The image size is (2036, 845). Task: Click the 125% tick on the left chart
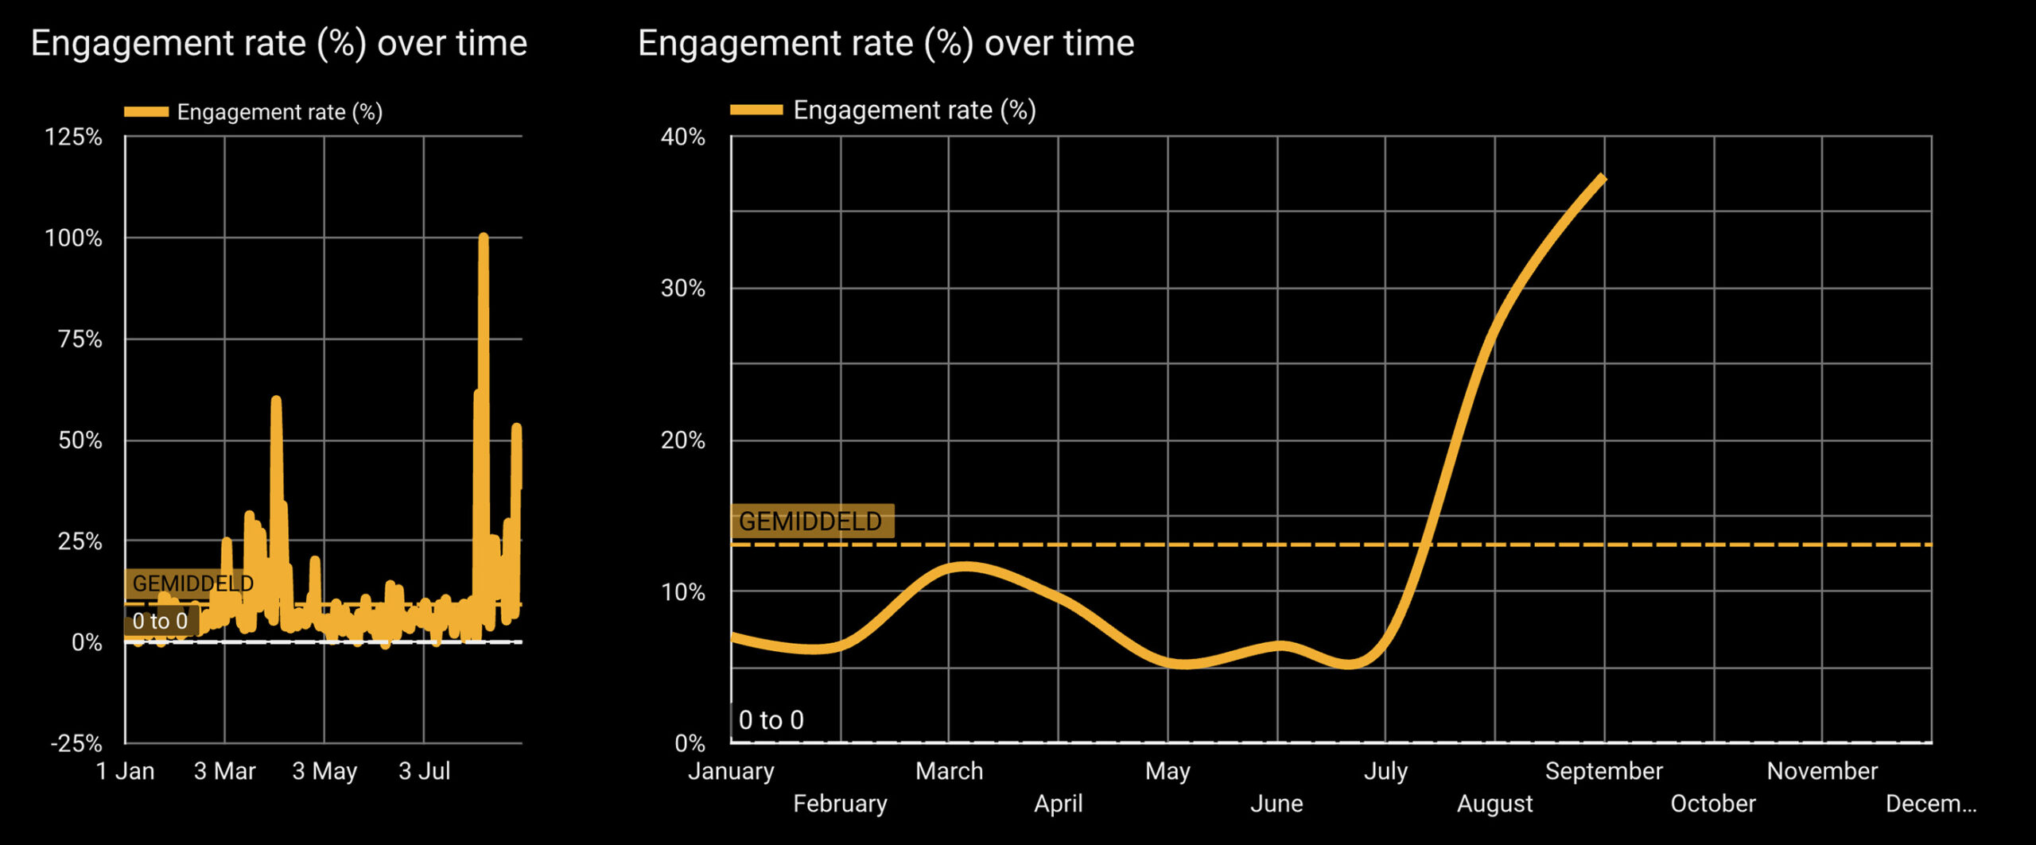pyautogui.click(x=73, y=137)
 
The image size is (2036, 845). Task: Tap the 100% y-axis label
pyautogui.click(x=73, y=238)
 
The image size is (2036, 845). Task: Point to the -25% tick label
pyautogui.click(x=76, y=743)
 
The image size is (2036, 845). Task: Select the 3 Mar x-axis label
pyautogui.click(x=224, y=771)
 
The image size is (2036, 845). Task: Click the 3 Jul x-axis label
pyautogui.click(x=424, y=771)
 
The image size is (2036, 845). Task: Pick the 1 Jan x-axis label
pyautogui.click(x=125, y=771)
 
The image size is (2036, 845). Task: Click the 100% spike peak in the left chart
pyautogui.click(x=483, y=237)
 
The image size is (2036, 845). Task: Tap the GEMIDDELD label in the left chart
pyautogui.click(x=192, y=583)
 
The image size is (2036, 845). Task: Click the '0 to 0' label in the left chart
pyautogui.click(x=160, y=621)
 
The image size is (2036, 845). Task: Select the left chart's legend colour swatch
pyautogui.click(x=146, y=112)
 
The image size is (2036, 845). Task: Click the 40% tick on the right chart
pyautogui.click(x=682, y=137)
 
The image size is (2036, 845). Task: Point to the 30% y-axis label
pyautogui.click(x=682, y=288)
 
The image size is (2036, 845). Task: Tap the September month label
pyautogui.click(x=1603, y=771)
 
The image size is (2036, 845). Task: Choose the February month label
pyautogui.click(x=840, y=804)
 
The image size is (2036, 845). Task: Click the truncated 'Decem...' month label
pyautogui.click(x=1930, y=804)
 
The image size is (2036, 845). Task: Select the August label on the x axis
pyautogui.click(x=1494, y=804)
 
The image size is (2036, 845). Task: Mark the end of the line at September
pyautogui.click(x=1603, y=178)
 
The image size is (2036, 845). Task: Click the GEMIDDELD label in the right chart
pyautogui.click(x=810, y=521)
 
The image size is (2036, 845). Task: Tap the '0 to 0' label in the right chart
pyautogui.click(x=771, y=720)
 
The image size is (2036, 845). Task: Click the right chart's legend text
pyautogui.click(x=915, y=110)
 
